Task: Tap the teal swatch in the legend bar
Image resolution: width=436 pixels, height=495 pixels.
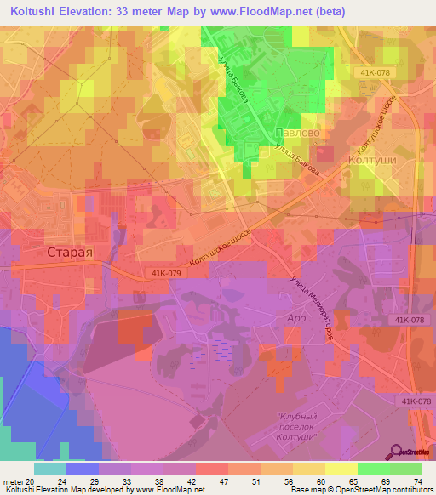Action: tap(49, 468)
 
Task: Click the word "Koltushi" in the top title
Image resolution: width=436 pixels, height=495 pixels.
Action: tap(37, 12)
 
